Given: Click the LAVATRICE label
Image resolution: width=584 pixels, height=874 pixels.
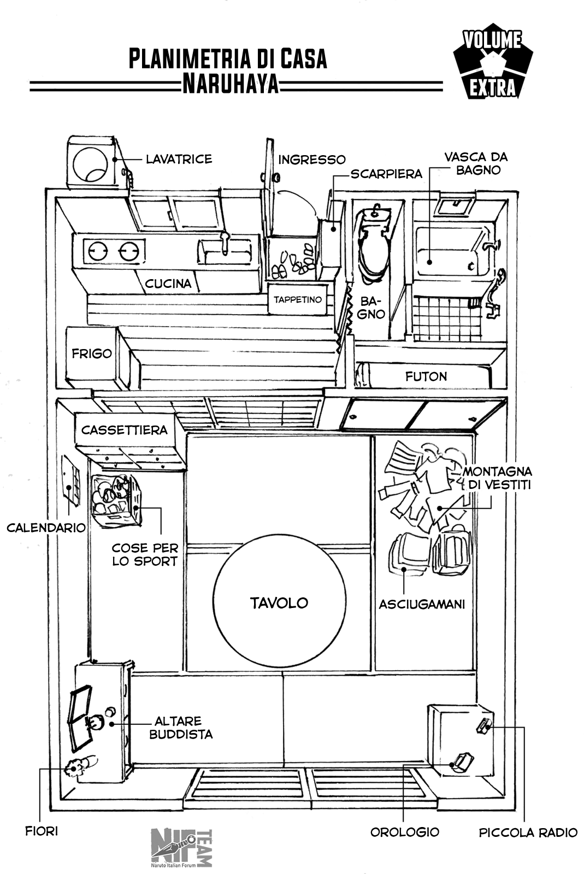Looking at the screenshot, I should point(179,159).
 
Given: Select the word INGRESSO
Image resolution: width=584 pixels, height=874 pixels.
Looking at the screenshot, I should point(312,160).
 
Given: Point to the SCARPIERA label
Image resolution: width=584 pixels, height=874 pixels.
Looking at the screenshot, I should point(386,174).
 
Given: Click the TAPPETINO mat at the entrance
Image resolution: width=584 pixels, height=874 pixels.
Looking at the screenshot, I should point(298,300).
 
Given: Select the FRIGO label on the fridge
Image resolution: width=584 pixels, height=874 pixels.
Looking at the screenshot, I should point(92,353).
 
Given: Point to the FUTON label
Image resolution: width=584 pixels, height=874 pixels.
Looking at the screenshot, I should point(426,376).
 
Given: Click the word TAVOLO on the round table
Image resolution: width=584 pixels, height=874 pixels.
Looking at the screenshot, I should point(279,603).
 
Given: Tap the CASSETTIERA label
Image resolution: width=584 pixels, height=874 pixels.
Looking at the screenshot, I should point(125,430).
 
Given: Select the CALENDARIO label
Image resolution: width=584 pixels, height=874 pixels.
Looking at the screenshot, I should point(46,528).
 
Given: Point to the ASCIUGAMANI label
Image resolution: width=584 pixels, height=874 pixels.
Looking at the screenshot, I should point(422,604).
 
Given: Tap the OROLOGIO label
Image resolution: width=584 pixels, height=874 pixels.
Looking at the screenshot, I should point(405,832).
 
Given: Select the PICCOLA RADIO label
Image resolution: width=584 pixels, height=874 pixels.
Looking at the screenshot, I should point(528,832).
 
